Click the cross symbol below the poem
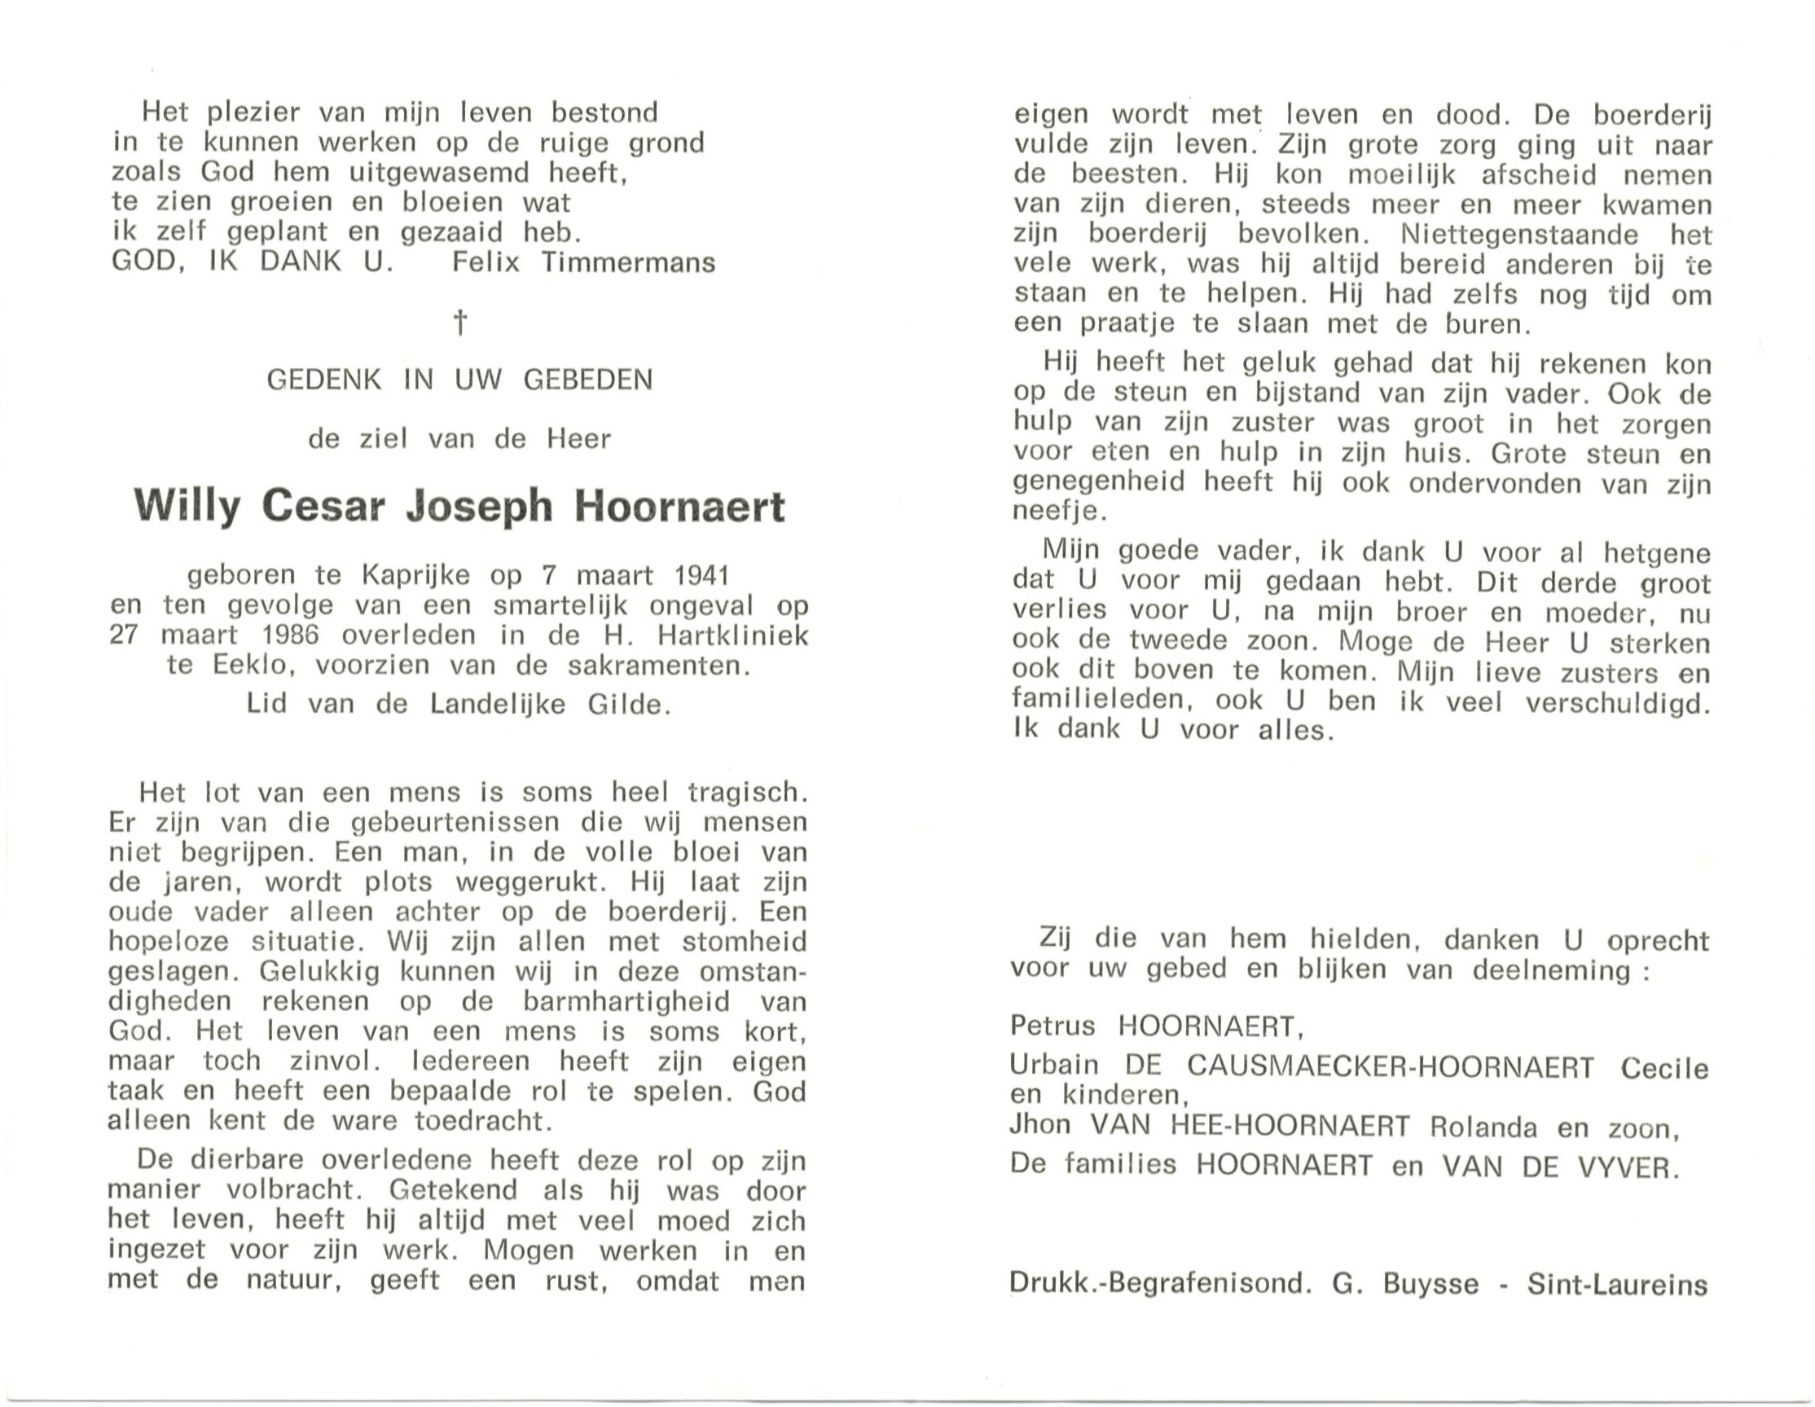[459, 323]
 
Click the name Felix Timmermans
[583, 262]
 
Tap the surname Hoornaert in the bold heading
[679, 506]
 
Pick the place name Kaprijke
[415, 575]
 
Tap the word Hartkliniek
[732, 635]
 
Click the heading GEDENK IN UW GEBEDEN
[459, 380]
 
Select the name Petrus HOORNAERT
[1155, 1027]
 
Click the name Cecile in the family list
[1664, 1067]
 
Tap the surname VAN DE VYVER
[1559, 1167]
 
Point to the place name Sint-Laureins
[1617, 1285]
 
